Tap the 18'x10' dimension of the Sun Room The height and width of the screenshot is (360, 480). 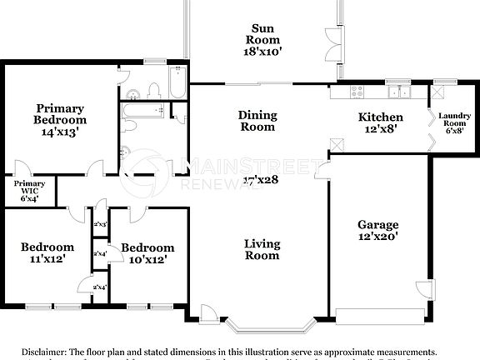click(x=262, y=51)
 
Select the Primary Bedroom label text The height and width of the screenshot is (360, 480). click(x=59, y=114)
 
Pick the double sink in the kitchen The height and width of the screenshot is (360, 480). click(x=401, y=92)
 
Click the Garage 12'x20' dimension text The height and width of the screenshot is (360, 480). click(x=377, y=237)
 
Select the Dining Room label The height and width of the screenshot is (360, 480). click(x=257, y=122)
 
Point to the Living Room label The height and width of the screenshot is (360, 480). click(x=261, y=249)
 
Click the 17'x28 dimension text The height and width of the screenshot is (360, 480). click(x=261, y=179)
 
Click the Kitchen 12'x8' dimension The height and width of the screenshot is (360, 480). click(x=381, y=129)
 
